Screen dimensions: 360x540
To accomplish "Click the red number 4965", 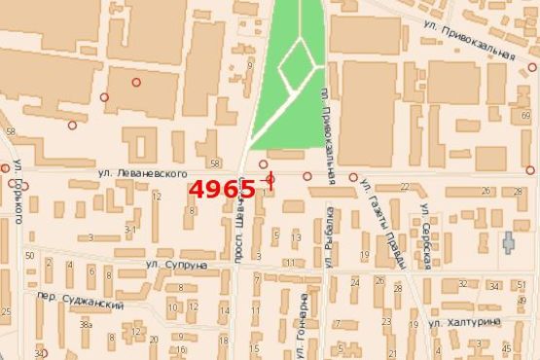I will [222, 188].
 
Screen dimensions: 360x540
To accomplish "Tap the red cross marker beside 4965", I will [270, 180].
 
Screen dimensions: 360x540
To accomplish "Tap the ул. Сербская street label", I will [427, 235].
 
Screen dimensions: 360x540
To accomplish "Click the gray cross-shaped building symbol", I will [508, 243].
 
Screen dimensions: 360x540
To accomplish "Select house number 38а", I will [86, 324].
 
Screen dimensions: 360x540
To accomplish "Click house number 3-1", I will [129, 230].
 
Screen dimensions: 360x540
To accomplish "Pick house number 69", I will [526, 115].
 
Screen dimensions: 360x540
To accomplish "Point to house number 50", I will [30, 255].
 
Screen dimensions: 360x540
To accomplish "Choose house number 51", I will [522, 285].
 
